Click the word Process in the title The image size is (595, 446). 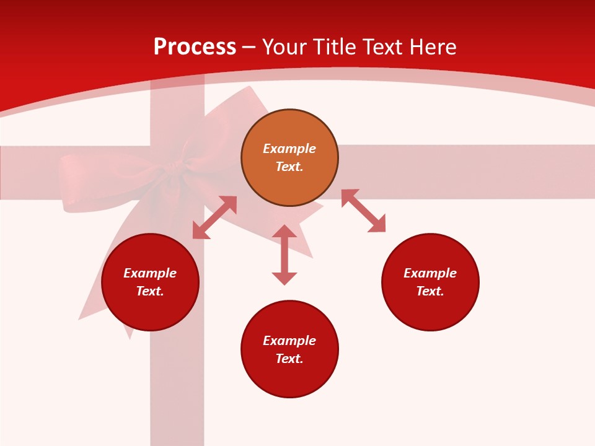point(195,47)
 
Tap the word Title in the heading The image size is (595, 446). point(336,47)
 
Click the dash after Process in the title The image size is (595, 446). point(249,48)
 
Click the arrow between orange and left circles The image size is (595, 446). point(214,217)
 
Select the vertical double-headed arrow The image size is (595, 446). point(284,255)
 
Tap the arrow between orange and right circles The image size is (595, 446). point(363,211)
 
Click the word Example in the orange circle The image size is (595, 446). point(289,149)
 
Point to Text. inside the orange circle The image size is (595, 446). point(289,167)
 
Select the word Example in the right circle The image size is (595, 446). point(430,273)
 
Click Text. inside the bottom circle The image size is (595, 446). point(289,359)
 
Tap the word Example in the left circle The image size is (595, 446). point(150,273)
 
